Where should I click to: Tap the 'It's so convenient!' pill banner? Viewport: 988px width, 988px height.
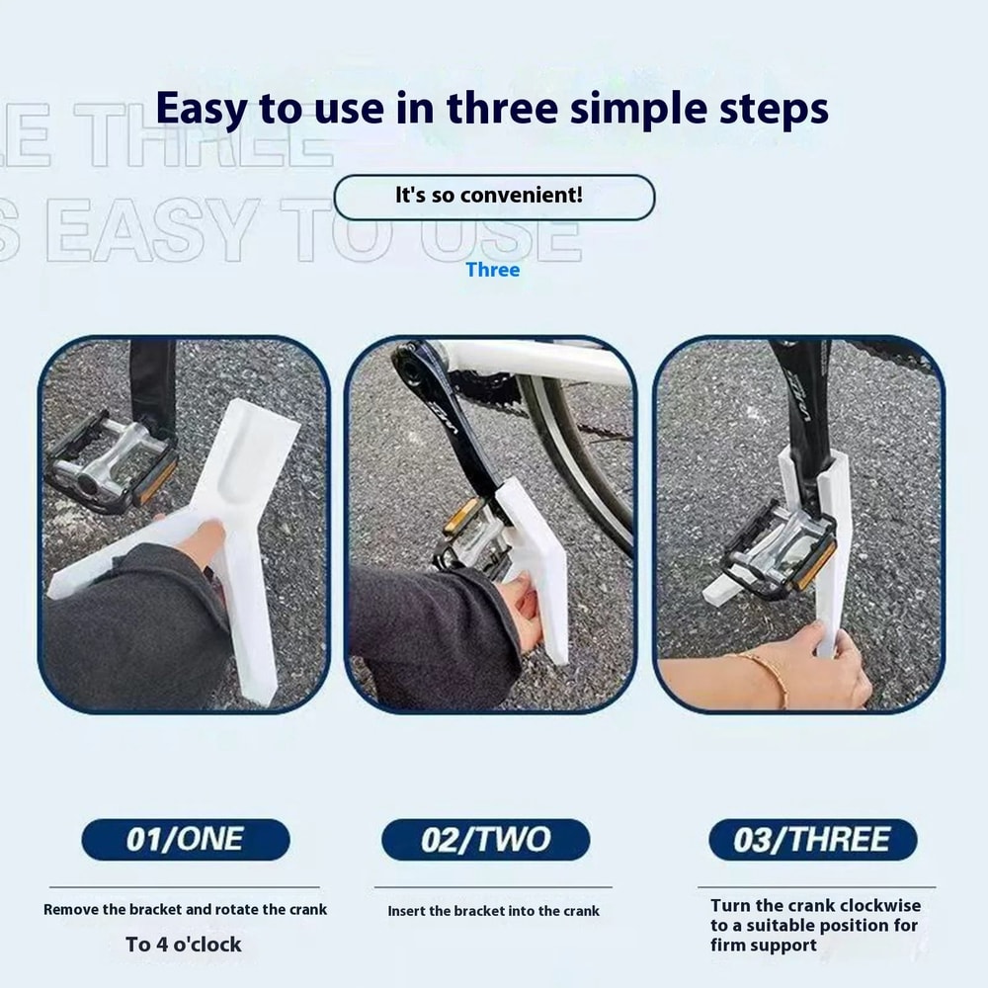click(494, 197)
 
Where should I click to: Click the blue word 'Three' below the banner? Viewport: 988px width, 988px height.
click(492, 270)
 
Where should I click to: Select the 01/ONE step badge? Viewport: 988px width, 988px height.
click(186, 840)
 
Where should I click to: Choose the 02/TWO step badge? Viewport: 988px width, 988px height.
click(485, 840)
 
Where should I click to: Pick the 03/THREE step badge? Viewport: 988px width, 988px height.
click(812, 840)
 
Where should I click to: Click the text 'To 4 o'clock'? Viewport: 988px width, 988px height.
click(184, 945)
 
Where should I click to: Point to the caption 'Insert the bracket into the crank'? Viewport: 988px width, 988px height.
click(493, 911)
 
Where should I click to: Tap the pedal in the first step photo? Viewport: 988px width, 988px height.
click(109, 459)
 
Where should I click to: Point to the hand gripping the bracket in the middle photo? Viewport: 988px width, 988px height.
click(519, 613)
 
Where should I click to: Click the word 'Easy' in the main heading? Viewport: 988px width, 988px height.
click(204, 109)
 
